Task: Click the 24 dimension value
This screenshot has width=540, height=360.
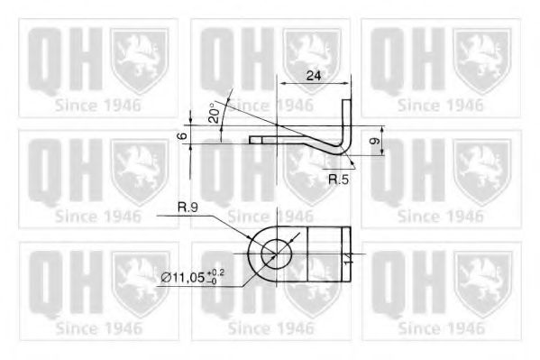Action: (313, 76)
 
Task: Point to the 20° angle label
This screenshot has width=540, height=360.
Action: (214, 114)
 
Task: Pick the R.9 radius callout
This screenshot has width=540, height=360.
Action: (188, 208)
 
